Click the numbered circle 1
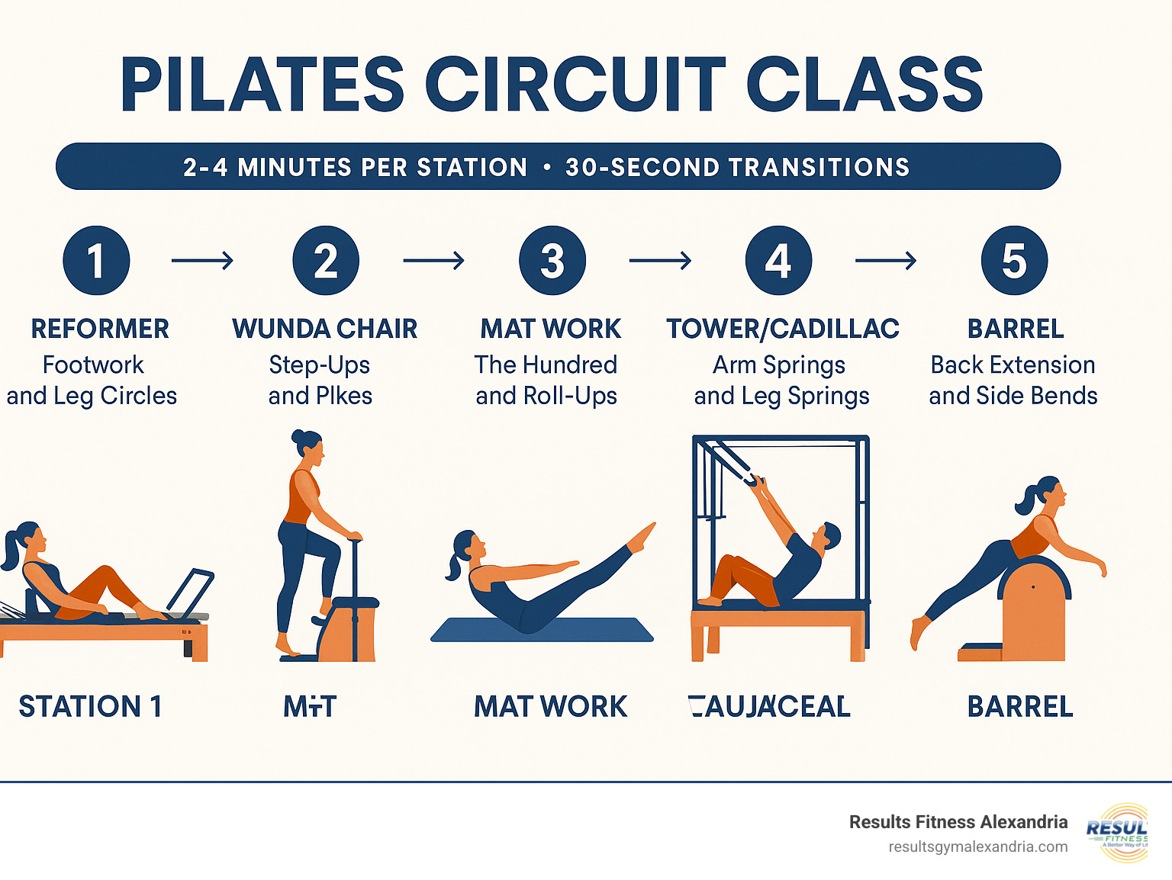pos(96,261)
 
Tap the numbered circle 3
pos(552,261)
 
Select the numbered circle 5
pos(1014,261)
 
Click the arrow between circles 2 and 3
pos(433,261)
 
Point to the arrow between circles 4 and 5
pos(885,261)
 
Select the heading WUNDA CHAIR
pos(324,329)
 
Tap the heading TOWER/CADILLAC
pos(782,329)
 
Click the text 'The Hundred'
pos(546,365)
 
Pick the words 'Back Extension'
pos(1013,365)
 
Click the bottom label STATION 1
pos(90,707)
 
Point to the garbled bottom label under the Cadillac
pos(769,707)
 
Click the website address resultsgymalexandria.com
pos(977,847)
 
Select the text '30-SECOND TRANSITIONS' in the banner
pos(737,167)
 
